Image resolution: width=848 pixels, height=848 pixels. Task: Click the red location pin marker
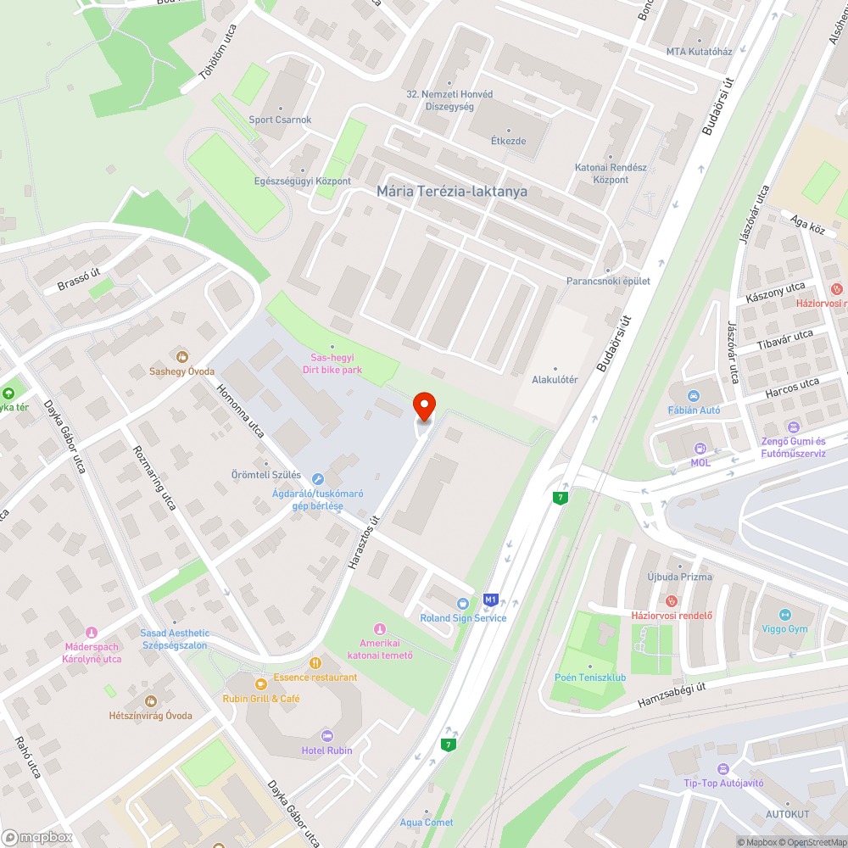424,407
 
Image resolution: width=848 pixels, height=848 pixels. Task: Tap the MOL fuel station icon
700,449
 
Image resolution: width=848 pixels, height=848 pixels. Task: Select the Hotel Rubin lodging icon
327,736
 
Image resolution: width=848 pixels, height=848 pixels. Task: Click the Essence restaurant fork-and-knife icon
315,663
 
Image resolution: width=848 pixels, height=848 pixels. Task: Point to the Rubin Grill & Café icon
261,683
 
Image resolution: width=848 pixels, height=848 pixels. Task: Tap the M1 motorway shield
490,600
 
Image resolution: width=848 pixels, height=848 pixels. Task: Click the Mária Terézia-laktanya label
452,192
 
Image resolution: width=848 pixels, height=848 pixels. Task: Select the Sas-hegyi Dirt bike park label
332,364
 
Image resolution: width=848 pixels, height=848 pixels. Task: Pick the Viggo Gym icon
784,615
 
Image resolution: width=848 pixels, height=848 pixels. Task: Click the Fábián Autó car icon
694,396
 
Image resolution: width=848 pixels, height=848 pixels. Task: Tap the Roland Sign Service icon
462,604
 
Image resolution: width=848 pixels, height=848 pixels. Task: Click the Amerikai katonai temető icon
380,628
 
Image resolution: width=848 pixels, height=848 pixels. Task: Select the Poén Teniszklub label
590,678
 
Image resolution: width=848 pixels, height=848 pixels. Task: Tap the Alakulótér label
555,380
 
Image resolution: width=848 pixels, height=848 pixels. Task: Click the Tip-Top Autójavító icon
722,768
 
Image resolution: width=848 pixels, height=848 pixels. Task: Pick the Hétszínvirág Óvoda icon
151,701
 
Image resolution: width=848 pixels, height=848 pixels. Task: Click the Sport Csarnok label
280,120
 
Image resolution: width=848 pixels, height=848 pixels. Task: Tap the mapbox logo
37,837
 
